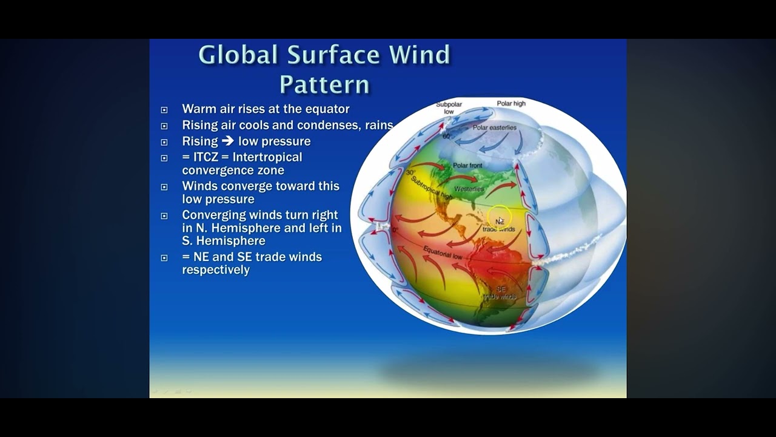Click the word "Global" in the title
pyautogui.click(x=239, y=55)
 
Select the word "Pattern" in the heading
pyautogui.click(x=324, y=84)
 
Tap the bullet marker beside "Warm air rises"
pyautogui.click(x=164, y=110)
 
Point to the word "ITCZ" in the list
pyautogui.click(x=206, y=157)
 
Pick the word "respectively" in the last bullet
pyautogui.click(x=216, y=270)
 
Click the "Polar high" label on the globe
pyautogui.click(x=511, y=104)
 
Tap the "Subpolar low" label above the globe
pyautogui.click(x=449, y=108)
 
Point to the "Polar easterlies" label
pyautogui.click(x=495, y=128)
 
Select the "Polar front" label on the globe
pyautogui.click(x=467, y=165)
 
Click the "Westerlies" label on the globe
pyautogui.click(x=469, y=189)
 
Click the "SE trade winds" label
pyautogui.click(x=500, y=293)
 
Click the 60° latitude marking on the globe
pyautogui.click(x=447, y=137)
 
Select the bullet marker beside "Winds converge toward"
pyautogui.click(x=164, y=187)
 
